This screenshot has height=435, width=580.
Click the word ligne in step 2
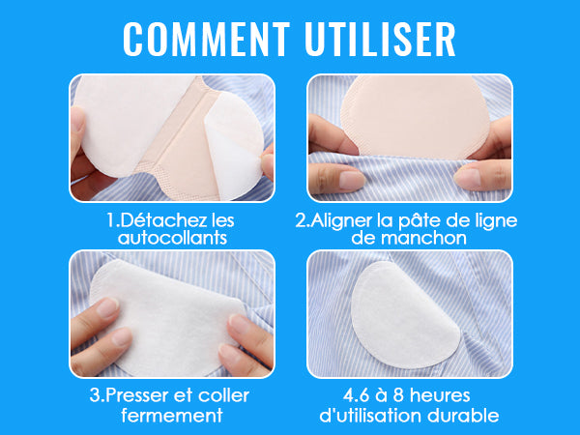click(493, 220)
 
